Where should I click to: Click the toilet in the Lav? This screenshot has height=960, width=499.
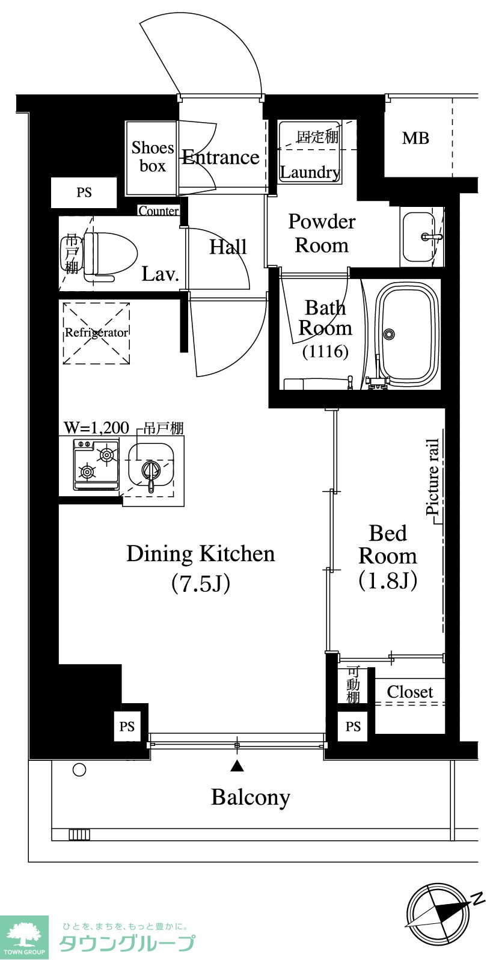(x=109, y=256)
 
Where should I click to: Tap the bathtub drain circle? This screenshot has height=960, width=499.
(x=389, y=334)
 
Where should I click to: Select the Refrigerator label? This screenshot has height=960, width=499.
(x=96, y=333)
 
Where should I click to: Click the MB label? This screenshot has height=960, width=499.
(x=415, y=138)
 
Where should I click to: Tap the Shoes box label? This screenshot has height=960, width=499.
(x=153, y=156)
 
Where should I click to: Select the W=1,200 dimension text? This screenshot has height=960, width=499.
(x=96, y=428)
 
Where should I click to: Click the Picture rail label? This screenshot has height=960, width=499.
(x=433, y=476)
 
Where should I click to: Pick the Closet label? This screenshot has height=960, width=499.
(x=410, y=691)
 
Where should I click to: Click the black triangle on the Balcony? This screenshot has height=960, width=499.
(x=237, y=766)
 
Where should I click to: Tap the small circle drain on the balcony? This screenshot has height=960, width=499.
(x=79, y=770)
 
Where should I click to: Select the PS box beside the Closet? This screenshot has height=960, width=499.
(x=352, y=727)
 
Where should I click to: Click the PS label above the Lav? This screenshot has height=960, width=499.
(x=84, y=192)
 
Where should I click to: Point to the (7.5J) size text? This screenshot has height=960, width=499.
(x=201, y=583)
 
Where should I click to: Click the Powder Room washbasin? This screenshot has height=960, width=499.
(x=418, y=236)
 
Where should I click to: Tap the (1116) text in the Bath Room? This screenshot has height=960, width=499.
(x=325, y=352)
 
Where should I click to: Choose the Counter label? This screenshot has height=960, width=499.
(x=159, y=211)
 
